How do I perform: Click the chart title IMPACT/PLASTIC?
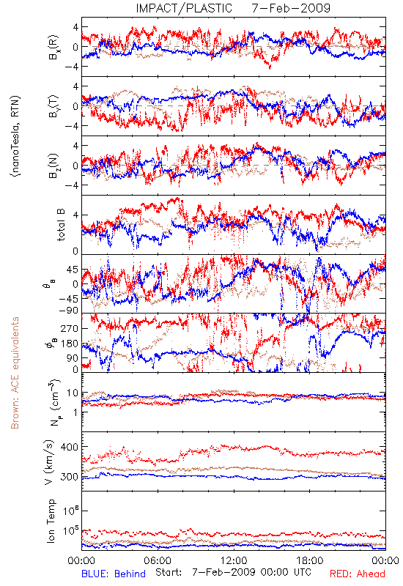[184, 8]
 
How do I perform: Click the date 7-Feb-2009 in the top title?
[291, 8]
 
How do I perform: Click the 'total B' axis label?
[60, 225]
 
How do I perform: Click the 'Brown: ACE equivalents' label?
[15, 373]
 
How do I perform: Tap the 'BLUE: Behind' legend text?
[114, 574]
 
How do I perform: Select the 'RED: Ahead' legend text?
[358, 574]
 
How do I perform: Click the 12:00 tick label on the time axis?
[234, 560]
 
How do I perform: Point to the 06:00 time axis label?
[158, 560]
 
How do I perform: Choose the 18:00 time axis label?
[310, 560]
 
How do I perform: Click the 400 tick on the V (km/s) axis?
[70, 447]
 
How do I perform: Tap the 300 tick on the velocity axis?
[70, 477]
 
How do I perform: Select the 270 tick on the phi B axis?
[70, 328]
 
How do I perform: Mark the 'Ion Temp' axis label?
[51, 521]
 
